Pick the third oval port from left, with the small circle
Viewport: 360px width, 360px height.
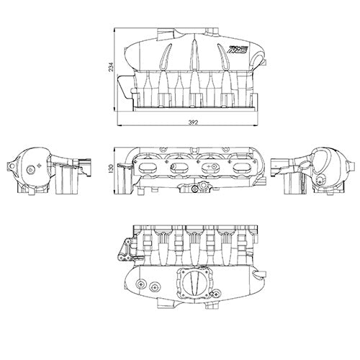(210, 166)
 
